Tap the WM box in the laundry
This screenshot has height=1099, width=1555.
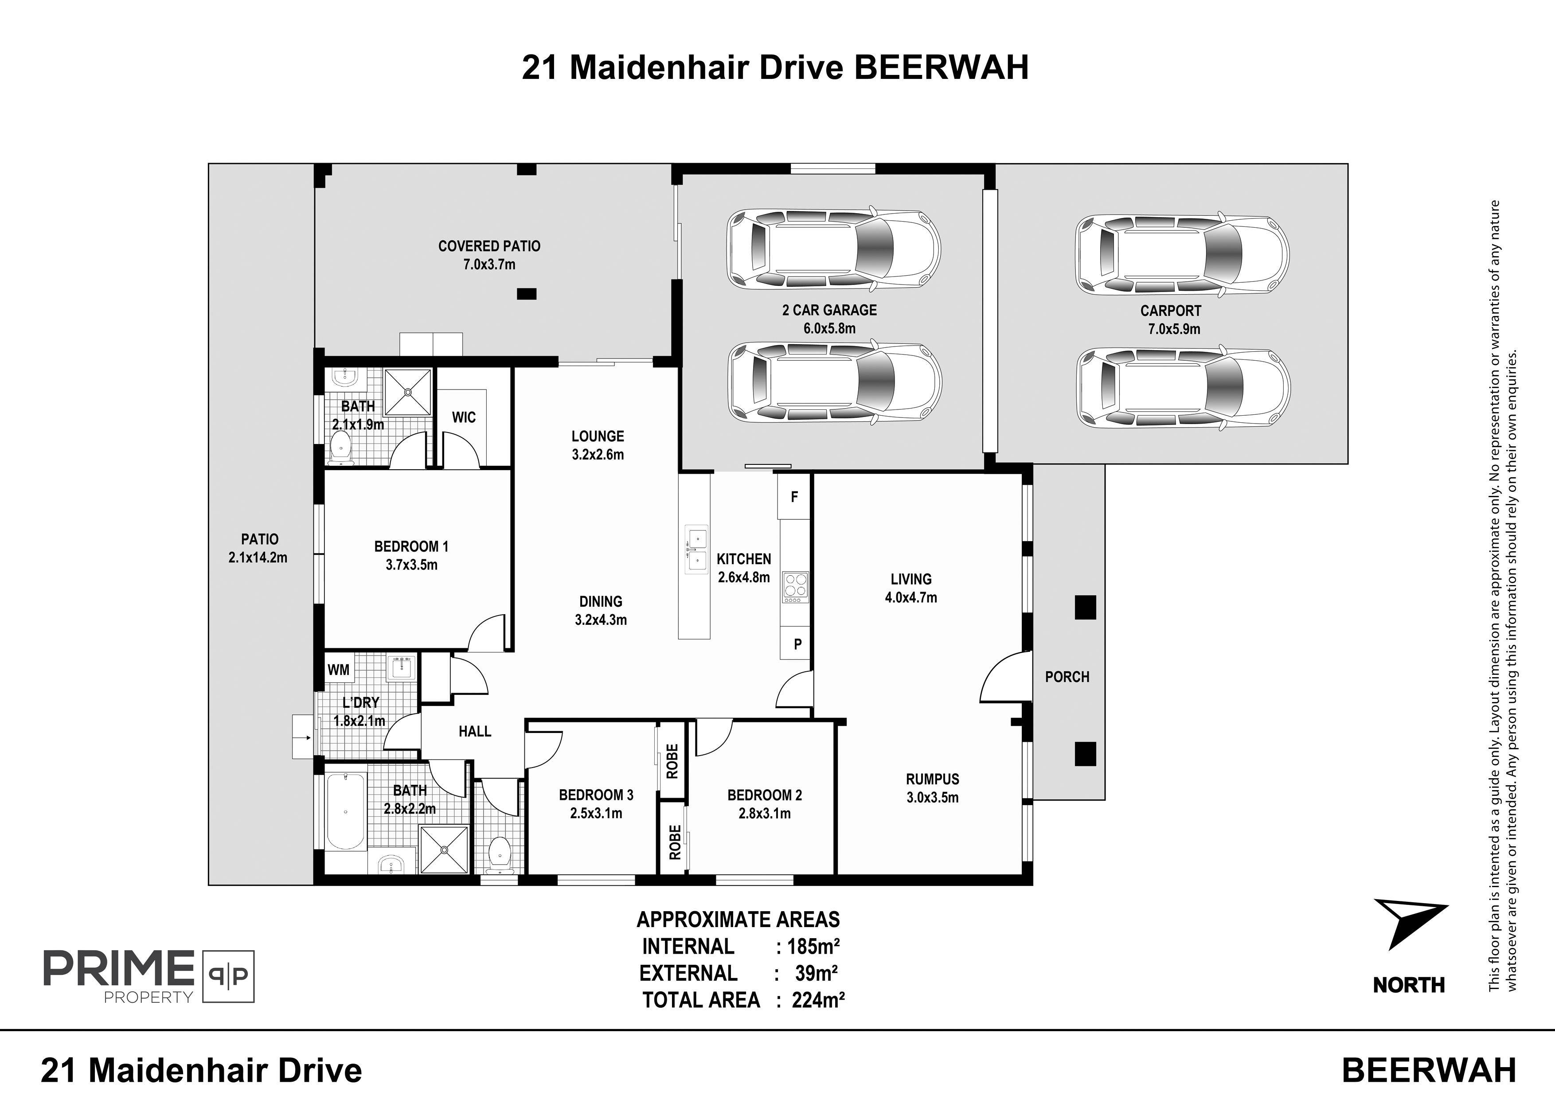[339, 670]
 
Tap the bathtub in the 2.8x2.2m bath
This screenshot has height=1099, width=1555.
[345, 813]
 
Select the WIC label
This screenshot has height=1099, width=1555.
[464, 417]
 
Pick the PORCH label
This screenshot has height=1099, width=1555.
[1067, 677]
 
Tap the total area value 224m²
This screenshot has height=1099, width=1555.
[819, 999]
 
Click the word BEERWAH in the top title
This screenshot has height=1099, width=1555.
[942, 68]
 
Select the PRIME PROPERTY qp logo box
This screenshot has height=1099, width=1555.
[228, 976]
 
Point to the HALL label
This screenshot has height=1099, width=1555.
[475, 731]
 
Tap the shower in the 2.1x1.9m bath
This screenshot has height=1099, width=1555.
[408, 391]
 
